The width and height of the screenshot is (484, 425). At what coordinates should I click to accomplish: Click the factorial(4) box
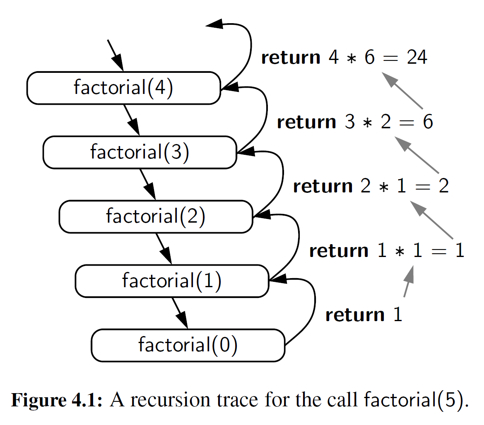[123, 88]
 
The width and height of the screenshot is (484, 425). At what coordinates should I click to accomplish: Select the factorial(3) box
[140, 152]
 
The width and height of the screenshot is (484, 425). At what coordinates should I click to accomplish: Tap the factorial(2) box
[156, 216]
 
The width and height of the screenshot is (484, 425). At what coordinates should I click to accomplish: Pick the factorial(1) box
[172, 281]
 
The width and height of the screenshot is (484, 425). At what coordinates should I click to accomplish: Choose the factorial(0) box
[188, 345]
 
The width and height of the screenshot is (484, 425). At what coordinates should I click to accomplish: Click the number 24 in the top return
[417, 58]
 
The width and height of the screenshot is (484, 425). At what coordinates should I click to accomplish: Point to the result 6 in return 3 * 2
[427, 122]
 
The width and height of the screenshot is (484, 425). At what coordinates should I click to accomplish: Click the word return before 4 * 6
[291, 58]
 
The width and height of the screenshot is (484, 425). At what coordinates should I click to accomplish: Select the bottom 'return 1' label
[364, 315]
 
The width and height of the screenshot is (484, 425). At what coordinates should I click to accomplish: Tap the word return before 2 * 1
[323, 187]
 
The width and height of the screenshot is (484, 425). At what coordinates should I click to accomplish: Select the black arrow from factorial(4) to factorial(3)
[132, 120]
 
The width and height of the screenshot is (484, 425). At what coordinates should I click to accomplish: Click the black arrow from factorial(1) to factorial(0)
[180, 313]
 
